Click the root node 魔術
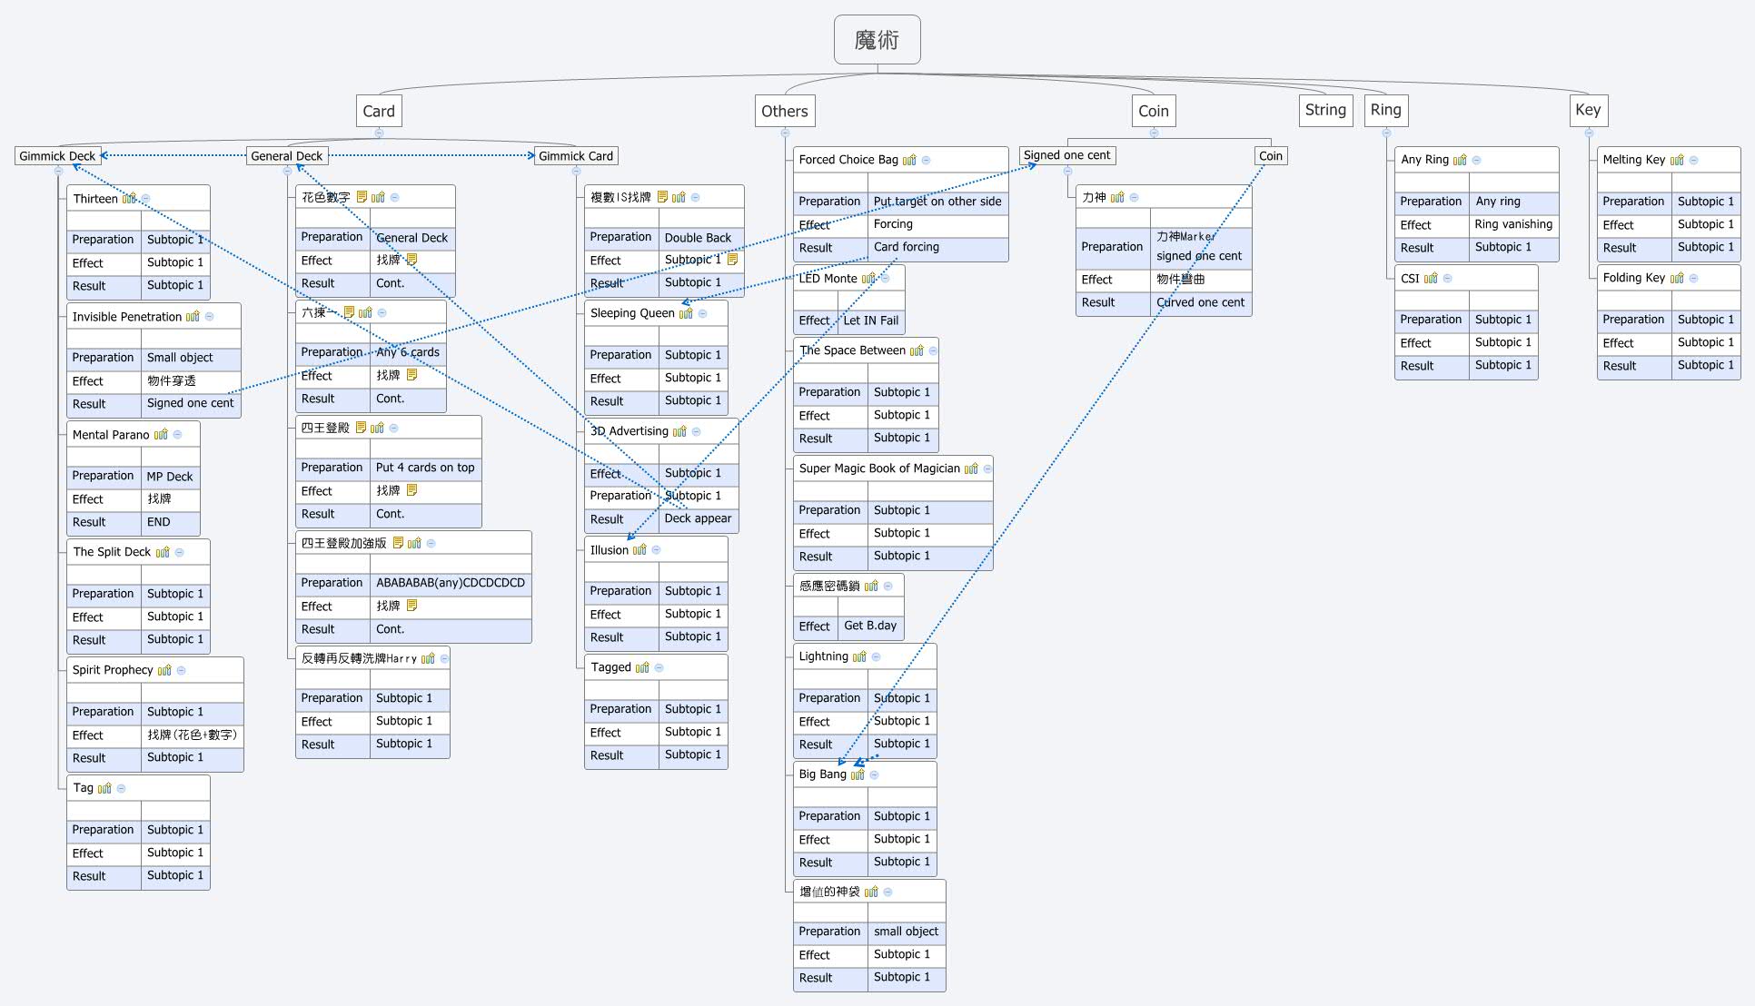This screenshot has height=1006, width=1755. pyautogui.click(x=877, y=40)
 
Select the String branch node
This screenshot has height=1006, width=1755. pyautogui.click(x=1325, y=110)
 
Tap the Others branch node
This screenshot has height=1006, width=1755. pyautogui.click(x=784, y=111)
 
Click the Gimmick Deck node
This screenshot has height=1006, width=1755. pyautogui.click(x=57, y=156)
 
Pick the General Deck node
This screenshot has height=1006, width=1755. pyautogui.click(x=286, y=156)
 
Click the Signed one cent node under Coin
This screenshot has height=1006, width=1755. pyautogui.click(x=1066, y=155)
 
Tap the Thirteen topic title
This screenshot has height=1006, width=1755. pyautogui.click(x=95, y=199)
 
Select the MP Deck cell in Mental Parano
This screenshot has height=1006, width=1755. pyautogui.click(x=170, y=477)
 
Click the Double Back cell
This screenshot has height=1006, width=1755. pyautogui.click(x=697, y=238)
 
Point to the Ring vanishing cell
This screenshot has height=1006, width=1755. pyautogui.click(x=1512, y=224)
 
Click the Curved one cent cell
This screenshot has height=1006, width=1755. pyautogui.click(x=1200, y=302)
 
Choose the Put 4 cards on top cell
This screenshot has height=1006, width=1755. pyautogui.click(x=425, y=468)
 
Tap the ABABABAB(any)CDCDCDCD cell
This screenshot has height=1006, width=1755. pyautogui.click(x=451, y=583)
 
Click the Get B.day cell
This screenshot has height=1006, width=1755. pyautogui.click(x=869, y=626)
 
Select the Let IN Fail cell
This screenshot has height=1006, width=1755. pyautogui.click(x=870, y=321)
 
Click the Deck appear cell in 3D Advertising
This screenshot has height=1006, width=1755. pyautogui.click(x=697, y=518)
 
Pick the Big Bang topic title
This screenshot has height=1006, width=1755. pyautogui.click(x=822, y=774)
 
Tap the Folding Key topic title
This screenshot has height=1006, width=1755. pyautogui.click(x=1633, y=278)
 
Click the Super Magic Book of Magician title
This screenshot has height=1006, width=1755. pyautogui.click(x=878, y=468)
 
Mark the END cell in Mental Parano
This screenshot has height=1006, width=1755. pyautogui.click(x=158, y=522)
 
